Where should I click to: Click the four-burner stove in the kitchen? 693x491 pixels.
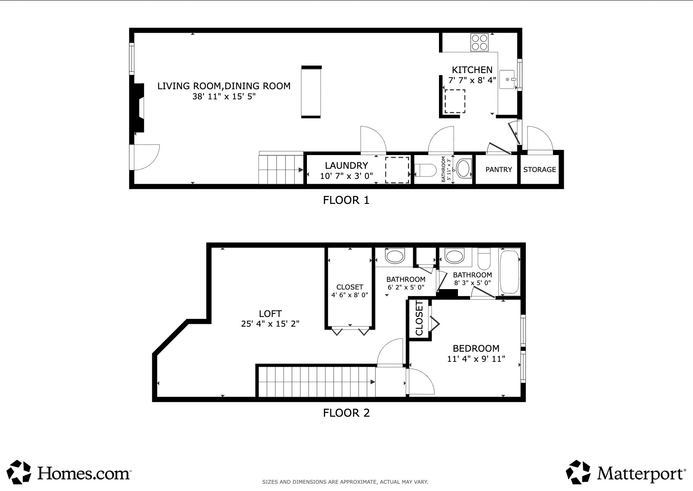tap(479, 42)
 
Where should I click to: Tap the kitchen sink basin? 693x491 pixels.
tap(507, 80)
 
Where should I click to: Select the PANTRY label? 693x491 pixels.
tap(498, 170)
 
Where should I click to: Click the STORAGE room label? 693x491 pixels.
tap(540, 170)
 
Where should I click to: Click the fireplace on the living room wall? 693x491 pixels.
tap(139, 108)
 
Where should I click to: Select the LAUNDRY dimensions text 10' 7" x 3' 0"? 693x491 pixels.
tap(346, 176)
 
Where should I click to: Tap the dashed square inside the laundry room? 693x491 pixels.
tap(397, 170)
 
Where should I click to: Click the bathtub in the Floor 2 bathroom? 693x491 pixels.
tap(509, 273)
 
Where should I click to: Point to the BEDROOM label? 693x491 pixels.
tap(476, 348)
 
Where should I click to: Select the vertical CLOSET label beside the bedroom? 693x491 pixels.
tap(419, 318)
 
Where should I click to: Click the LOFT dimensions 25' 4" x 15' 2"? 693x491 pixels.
tap(270, 324)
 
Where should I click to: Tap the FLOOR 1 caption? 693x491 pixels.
tap(346, 200)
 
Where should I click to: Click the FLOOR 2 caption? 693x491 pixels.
tap(346, 413)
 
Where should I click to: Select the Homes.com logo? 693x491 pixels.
tap(69, 472)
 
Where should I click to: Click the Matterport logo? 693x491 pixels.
tap(626, 472)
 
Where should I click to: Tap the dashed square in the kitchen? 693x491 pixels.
tap(455, 101)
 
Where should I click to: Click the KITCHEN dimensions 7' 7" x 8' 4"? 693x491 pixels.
tap(472, 80)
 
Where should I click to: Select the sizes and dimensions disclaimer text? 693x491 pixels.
tap(345, 482)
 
